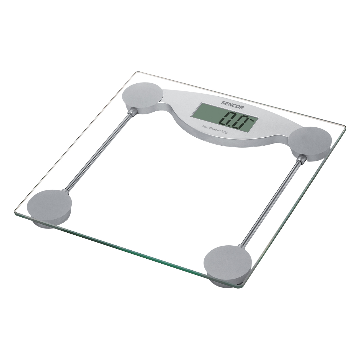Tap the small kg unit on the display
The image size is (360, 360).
(x=252, y=120)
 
